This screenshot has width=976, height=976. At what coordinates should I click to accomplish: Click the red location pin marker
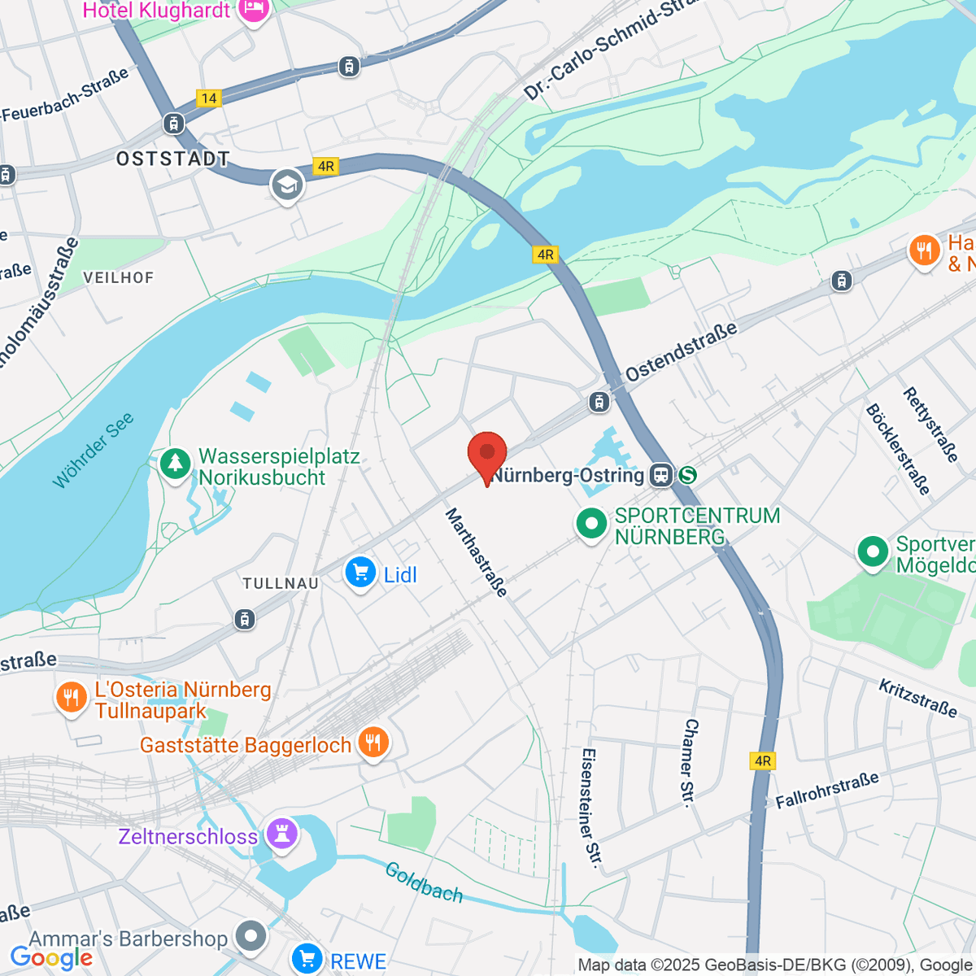487,454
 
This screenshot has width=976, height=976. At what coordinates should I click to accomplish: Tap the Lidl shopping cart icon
359,573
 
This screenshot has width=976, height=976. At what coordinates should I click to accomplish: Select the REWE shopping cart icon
307,958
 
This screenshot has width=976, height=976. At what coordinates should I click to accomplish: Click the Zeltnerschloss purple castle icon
282,833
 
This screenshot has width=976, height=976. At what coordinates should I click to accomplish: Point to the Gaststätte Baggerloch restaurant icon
373,743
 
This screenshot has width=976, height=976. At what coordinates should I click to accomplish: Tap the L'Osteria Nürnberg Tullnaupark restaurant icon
72,697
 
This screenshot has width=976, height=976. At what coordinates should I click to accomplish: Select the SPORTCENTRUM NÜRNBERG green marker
591,523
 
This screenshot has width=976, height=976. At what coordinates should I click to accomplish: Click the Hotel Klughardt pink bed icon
254,11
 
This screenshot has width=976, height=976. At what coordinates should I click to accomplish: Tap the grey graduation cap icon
287,185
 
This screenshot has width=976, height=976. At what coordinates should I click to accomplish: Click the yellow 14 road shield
209,98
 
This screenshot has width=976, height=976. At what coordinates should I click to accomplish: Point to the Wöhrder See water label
93,451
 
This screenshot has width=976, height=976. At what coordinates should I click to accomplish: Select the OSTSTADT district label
173,159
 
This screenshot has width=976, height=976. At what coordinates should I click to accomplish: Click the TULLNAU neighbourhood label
281,583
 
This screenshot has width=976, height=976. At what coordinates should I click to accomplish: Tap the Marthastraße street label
477,552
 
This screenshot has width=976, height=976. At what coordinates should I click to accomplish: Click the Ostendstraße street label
681,351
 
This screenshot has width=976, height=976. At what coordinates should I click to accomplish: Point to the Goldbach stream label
424,882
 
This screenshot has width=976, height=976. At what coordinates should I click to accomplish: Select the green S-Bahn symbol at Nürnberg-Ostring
687,475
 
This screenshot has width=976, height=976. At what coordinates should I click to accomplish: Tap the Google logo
51,958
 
